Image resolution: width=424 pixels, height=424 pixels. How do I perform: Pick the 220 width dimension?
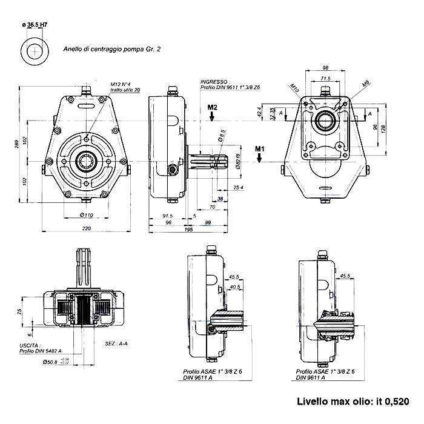[x=86, y=229]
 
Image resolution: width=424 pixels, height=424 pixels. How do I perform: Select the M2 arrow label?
[x=213, y=108]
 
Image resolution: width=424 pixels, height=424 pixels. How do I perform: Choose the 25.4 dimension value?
[x=237, y=187]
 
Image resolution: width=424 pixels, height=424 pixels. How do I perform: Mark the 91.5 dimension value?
[x=168, y=216]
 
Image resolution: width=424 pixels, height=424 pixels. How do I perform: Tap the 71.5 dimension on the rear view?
[x=326, y=79]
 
